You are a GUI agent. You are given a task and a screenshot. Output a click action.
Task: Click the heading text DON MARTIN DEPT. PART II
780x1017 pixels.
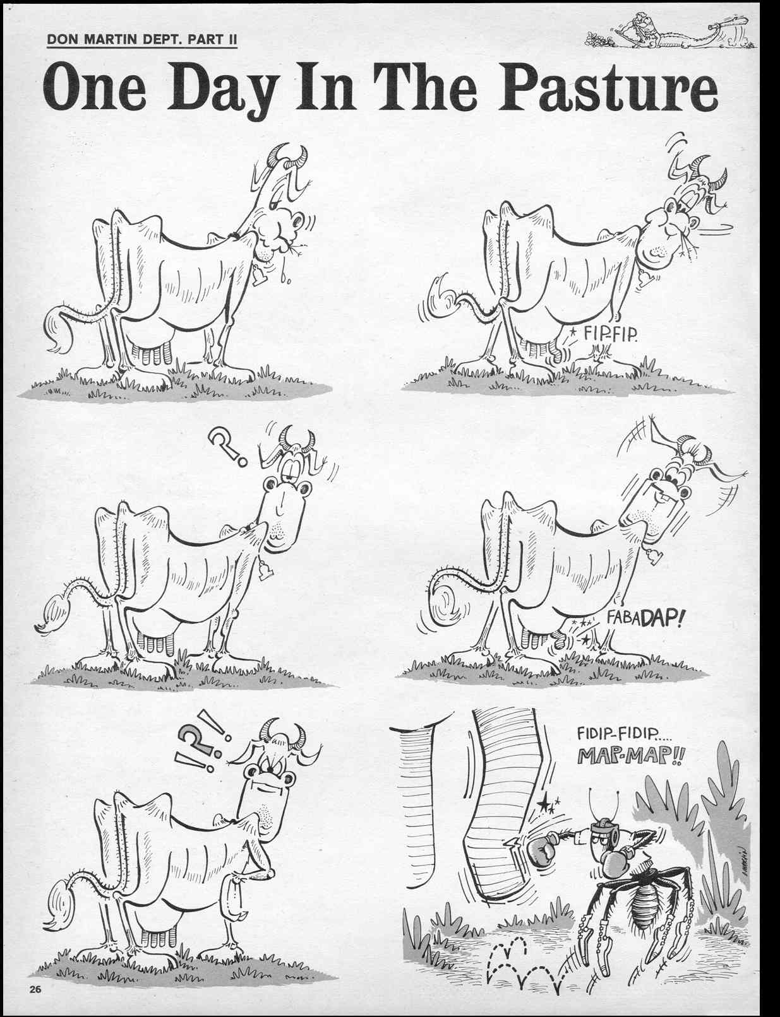(x=142, y=39)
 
